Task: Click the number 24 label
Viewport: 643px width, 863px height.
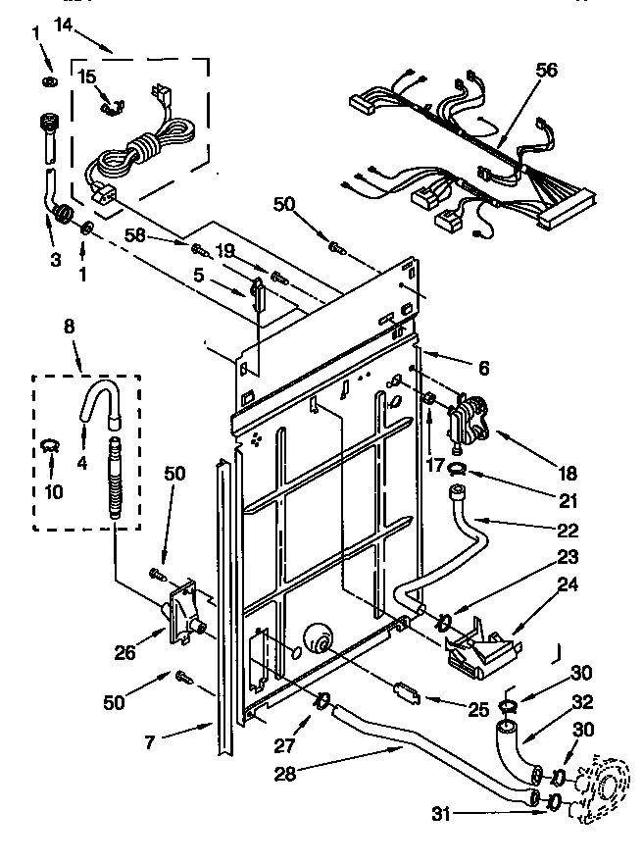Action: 569,585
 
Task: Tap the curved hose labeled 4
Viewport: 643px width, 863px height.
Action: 98,402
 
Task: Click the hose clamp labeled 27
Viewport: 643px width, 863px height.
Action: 320,702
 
